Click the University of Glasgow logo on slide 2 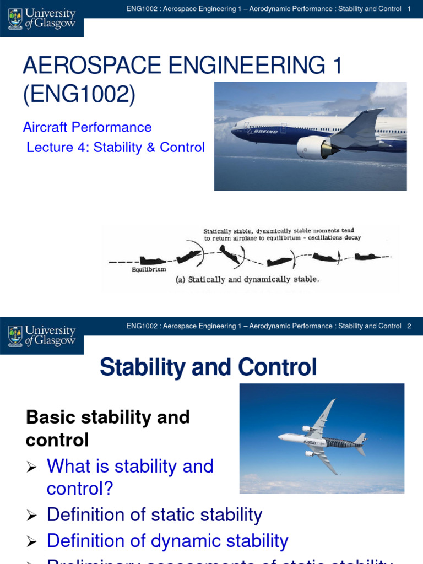pyautogui.click(x=42, y=335)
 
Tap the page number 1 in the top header pyautogui.click(x=409, y=9)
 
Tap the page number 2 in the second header pyautogui.click(x=409, y=326)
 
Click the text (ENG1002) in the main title pyautogui.click(x=79, y=94)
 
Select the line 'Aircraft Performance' pyautogui.click(x=87, y=127)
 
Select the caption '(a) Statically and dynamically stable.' pyautogui.click(x=247, y=279)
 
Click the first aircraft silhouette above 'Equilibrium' pyautogui.click(x=150, y=260)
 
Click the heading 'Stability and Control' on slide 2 pyautogui.click(x=208, y=367)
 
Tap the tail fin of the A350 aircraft pyautogui.click(x=360, y=440)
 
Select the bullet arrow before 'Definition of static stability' pyautogui.click(x=32, y=516)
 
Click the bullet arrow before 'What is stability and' pyautogui.click(x=32, y=468)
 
